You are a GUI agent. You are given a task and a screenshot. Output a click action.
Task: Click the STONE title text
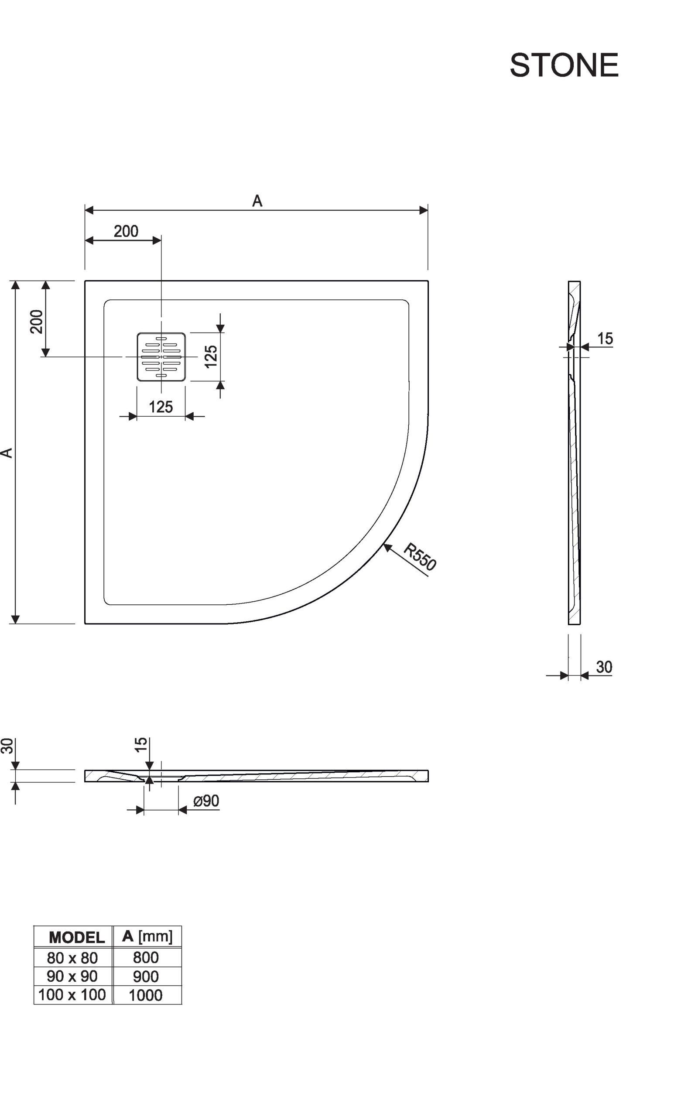(564, 65)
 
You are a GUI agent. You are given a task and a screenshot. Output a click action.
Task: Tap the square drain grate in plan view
(161, 357)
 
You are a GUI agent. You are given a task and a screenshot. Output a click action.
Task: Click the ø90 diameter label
(206, 801)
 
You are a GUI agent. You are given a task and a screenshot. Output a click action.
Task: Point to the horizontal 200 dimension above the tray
(126, 231)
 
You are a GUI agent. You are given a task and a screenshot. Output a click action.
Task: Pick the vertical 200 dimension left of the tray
(37, 321)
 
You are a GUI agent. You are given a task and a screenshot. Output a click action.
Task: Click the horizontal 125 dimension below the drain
(161, 407)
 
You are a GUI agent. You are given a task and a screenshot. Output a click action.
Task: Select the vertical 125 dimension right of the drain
(211, 356)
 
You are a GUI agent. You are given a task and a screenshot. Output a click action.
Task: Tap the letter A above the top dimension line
(257, 201)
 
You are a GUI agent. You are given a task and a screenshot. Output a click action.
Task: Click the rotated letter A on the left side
(7, 453)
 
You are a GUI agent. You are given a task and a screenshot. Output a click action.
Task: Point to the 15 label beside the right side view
(605, 339)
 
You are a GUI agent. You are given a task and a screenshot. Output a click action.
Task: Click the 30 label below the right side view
(604, 667)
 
